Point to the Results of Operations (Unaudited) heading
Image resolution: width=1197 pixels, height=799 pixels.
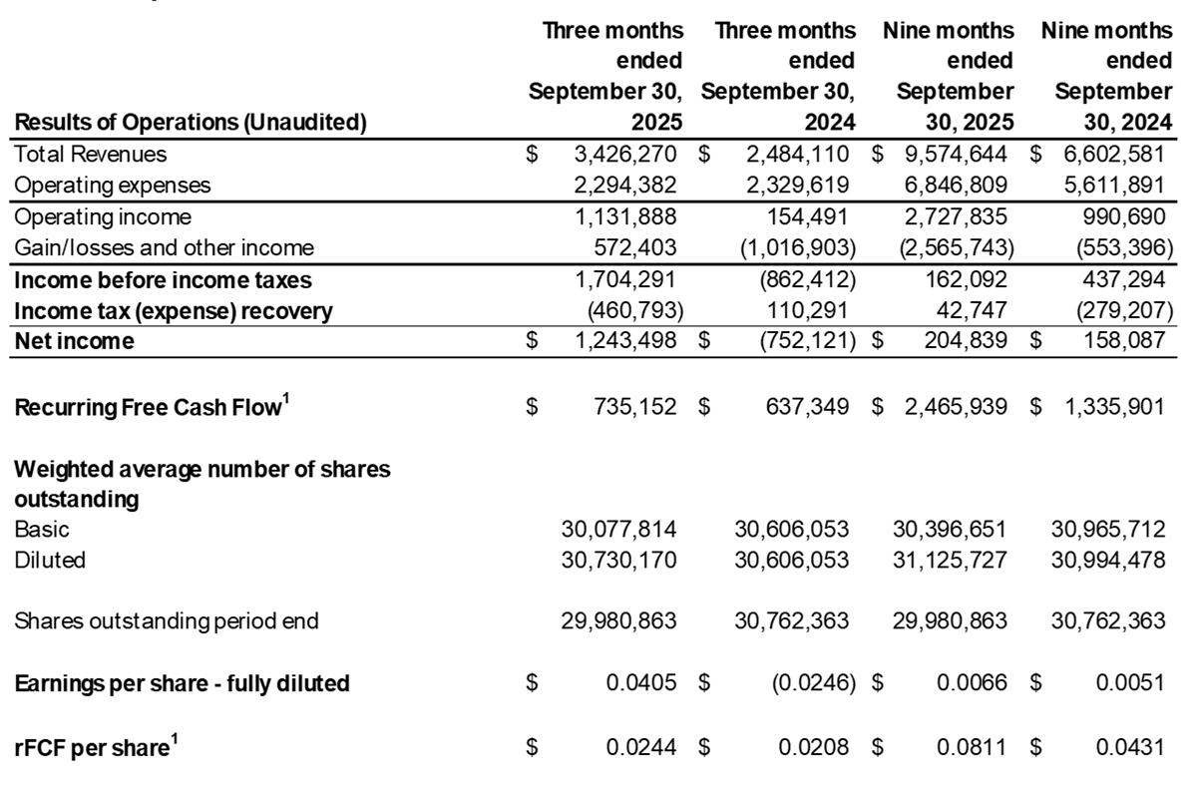pos(191,124)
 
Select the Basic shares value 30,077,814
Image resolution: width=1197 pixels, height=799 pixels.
pos(619,529)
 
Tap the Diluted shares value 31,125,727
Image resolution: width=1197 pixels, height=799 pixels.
pos(950,560)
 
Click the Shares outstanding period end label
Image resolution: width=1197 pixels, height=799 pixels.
pos(167,621)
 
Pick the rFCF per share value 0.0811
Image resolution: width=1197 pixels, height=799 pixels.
pos(973,746)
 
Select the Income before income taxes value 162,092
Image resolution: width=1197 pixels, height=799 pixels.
pos(962,279)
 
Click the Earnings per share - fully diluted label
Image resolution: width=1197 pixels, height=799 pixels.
pos(182,684)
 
